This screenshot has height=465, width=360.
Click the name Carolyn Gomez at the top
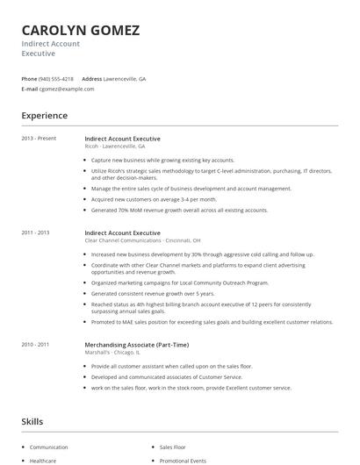(80, 30)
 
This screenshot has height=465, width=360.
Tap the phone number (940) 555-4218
(56, 78)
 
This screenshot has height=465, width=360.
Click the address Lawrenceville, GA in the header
(125, 78)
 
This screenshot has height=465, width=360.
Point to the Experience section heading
(44, 115)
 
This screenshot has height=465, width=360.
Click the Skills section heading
(32, 422)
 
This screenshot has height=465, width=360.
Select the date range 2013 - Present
(38, 139)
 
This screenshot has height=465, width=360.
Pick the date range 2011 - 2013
(36, 232)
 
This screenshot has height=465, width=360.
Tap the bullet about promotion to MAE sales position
(211, 322)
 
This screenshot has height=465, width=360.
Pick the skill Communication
(48, 447)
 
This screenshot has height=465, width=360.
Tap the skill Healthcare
(43, 460)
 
